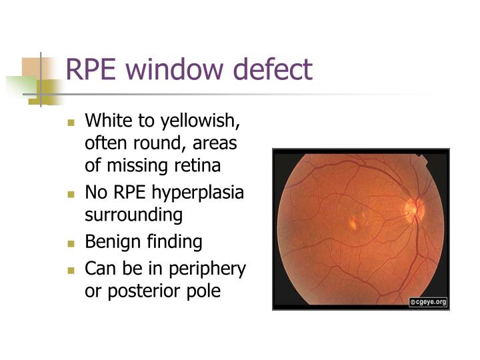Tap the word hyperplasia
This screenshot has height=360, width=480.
click(199, 195)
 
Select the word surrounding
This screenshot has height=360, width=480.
click(133, 215)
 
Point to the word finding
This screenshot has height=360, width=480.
click(172, 242)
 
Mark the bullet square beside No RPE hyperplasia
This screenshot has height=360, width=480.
click(72, 195)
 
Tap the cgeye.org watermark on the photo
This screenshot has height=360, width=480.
click(427, 302)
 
